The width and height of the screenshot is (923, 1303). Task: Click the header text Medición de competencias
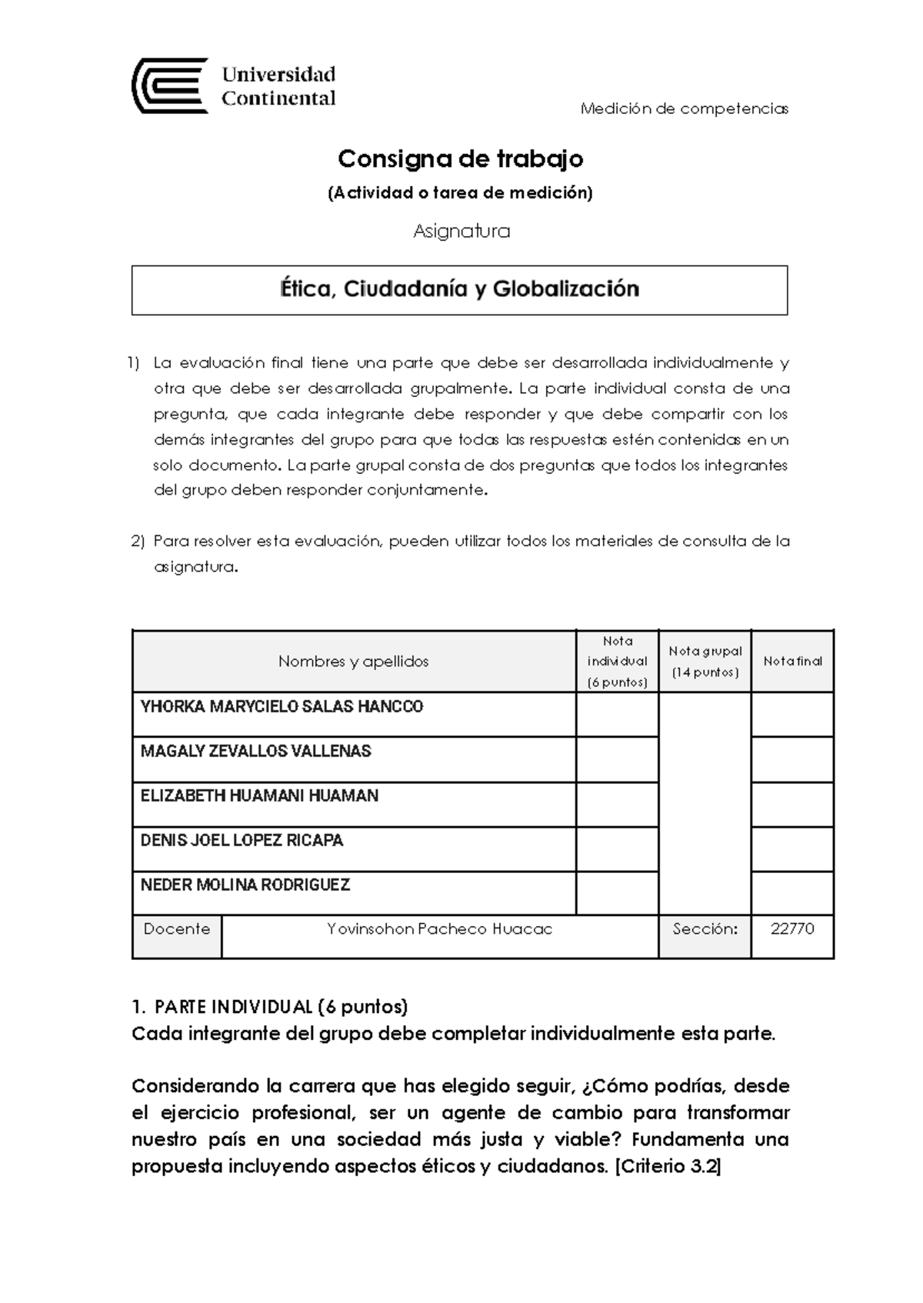tap(684, 108)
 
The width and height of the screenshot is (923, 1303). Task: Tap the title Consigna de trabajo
tap(460, 159)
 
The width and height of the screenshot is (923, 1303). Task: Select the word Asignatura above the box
tap(461, 231)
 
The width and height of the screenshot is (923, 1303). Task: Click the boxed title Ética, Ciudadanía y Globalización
tap(459, 289)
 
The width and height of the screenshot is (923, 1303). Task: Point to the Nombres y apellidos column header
tap(353, 661)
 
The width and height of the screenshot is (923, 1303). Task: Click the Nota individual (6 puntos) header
tap(617, 661)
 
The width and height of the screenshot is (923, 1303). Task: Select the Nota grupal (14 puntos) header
tap(705, 661)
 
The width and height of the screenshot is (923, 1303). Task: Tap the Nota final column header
tap(792, 661)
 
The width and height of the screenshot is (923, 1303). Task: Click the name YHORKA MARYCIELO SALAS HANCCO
tap(282, 707)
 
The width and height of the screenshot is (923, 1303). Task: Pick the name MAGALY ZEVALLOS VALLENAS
tap(255, 751)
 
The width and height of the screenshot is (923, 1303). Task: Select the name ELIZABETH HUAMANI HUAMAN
tap(259, 796)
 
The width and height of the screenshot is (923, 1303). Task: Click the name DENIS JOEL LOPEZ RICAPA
tap(242, 841)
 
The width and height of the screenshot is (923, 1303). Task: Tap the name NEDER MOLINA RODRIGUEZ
tap(245, 885)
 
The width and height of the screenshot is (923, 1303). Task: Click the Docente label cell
tap(176, 929)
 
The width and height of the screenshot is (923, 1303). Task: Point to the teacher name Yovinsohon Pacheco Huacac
tap(439, 929)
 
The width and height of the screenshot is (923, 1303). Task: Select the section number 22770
tap(791, 929)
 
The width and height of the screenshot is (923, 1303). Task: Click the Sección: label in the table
tap(705, 929)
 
